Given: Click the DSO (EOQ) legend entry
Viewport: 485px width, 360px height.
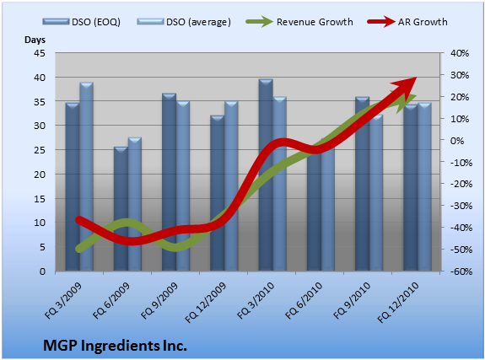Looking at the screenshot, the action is click(82, 22).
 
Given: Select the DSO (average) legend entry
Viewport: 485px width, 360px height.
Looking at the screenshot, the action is click(184, 22).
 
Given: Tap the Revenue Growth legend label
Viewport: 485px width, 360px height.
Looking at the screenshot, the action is click(315, 22).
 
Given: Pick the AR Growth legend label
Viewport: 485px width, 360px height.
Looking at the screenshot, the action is click(423, 22).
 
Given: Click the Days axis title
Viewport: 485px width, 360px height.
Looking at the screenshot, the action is click(35, 40).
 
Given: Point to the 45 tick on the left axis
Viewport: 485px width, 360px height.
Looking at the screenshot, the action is click(40, 53).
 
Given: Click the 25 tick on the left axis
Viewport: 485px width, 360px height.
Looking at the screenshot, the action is click(40, 150).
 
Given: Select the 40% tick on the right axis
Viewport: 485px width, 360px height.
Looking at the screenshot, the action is click(460, 53).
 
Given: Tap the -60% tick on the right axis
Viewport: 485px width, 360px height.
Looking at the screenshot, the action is click(461, 271).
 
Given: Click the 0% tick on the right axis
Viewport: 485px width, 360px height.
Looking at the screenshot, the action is click(457, 141).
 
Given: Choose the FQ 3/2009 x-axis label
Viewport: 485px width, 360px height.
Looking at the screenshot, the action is click(63, 300).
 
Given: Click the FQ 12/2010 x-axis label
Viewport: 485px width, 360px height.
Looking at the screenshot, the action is click(398, 302).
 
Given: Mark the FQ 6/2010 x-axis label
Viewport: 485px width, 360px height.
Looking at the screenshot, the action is click(304, 300).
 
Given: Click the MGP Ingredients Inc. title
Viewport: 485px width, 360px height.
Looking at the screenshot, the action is click(115, 346).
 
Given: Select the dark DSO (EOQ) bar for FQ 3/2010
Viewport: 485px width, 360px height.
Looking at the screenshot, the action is click(266, 175).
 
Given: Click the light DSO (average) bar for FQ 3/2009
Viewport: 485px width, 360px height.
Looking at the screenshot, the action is click(87, 176).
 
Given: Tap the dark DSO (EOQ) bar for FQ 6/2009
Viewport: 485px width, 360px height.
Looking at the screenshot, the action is click(121, 209).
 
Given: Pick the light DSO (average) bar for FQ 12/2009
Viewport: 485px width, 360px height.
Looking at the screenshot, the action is click(231, 185).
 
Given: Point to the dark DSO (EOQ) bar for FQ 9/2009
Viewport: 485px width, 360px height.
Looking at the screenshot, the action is click(170, 182).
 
